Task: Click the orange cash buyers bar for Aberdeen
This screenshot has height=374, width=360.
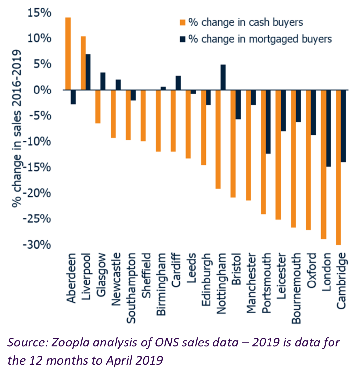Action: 68,53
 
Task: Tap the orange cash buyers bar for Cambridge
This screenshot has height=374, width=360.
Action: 338,167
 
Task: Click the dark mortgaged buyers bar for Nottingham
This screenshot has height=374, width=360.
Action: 223,77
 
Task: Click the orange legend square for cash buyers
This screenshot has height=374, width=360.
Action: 182,23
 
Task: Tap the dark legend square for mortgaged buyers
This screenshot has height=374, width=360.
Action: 182,39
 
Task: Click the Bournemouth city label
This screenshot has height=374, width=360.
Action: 296,288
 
